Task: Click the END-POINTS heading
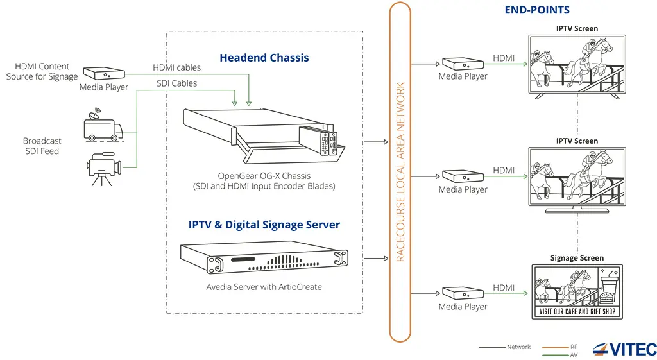[x=537, y=10]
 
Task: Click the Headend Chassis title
[x=264, y=58]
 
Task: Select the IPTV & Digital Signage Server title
[x=264, y=225]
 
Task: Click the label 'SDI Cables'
[x=177, y=83]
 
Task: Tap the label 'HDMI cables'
[x=176, y=67]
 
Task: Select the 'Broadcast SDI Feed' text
[x=42, y=146]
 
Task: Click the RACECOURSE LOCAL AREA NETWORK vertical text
[x=400, y=171]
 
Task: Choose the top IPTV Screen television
[x=576, y=63]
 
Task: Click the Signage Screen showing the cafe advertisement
[x=576, y=291]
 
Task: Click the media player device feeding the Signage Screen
[x=463, y=293]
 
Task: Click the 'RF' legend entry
[x=574, y=347]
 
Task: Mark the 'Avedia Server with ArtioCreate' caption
[x=264, y=287]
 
